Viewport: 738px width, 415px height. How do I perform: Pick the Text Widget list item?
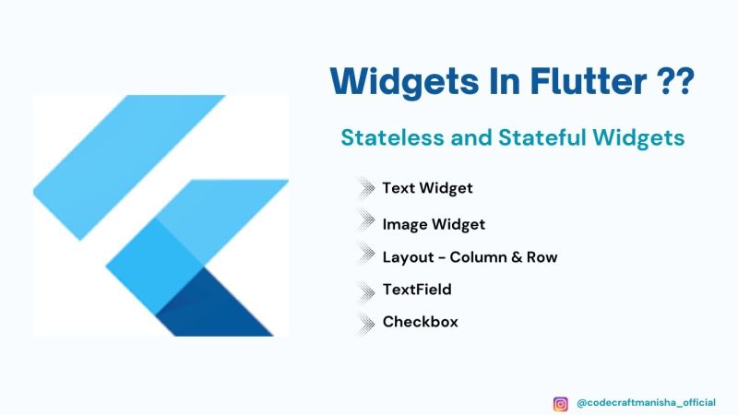[x=427, y=188]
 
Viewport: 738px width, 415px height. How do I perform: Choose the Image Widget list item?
[x=434, y=223]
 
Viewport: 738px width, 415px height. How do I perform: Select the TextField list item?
[x=417, y=290]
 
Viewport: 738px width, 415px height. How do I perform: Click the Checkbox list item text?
[x=421, y=322]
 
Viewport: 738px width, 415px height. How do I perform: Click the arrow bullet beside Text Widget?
[x=365, y=189]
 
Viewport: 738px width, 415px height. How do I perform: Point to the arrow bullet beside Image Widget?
[x=365, y=221]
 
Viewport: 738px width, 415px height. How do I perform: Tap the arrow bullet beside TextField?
[x=365, y=291]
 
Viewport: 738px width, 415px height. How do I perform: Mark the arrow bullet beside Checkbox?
[x=365, y=323]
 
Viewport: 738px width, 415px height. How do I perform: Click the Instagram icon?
[x=560, y=403]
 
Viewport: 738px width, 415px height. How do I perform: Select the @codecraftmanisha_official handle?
[x=646, y=403]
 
